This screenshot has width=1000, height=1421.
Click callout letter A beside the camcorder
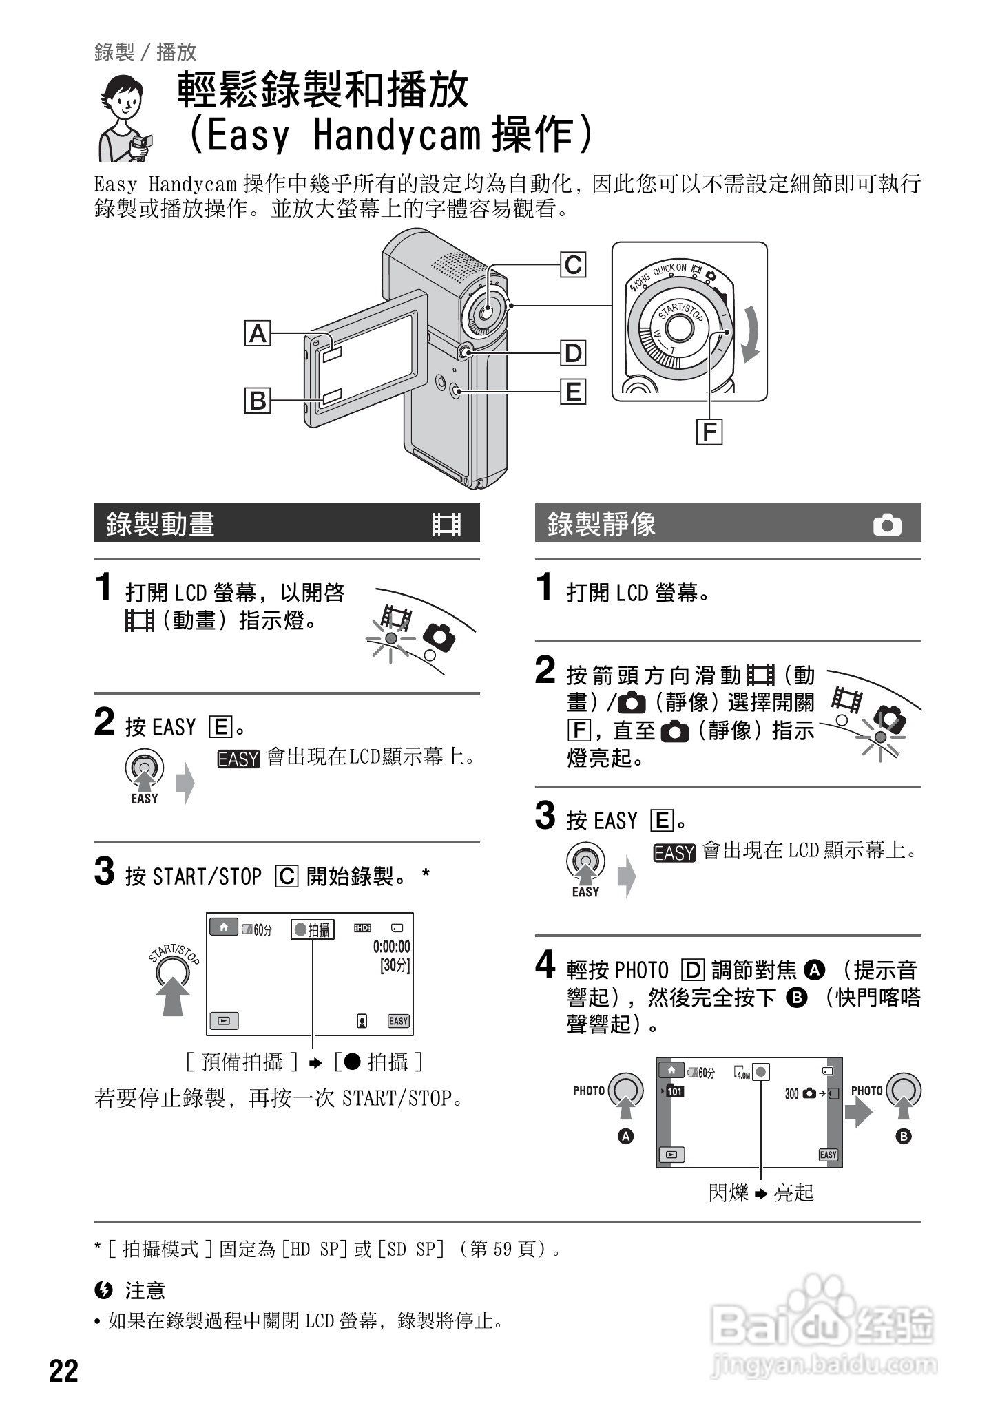point(258,334)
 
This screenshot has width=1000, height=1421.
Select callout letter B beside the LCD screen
point(258,400)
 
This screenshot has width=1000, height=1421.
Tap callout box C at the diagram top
point(573,265)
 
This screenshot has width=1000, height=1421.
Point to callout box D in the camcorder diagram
point(573,354)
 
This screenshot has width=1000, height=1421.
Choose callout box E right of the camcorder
point(573,392)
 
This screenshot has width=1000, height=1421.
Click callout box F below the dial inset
point(709,432)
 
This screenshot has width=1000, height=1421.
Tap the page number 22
point(64,1371)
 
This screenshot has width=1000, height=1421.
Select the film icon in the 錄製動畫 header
point(446,525)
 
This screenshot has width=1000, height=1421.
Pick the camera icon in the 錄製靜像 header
point(887,525)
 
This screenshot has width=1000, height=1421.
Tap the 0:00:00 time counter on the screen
point(391,947)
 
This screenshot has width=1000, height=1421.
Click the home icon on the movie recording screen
point(224,927)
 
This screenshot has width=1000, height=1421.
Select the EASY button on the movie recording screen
point(399,1021)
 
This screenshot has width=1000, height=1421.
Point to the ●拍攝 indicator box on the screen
point(312,929)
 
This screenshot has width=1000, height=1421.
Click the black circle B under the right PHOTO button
point(903,1137)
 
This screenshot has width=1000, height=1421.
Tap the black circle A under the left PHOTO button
point(625,1137)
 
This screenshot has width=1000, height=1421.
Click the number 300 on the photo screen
point(792,1093)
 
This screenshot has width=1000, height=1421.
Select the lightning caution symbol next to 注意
point(105,1290)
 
